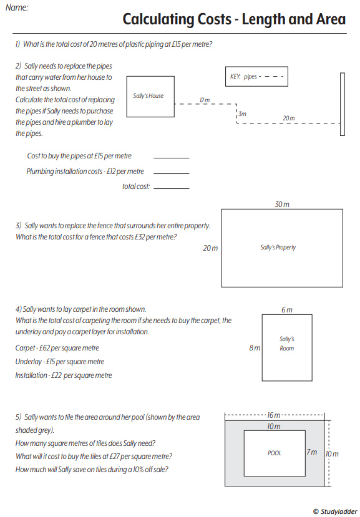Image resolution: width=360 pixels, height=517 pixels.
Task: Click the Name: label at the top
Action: click(x=17, y=7)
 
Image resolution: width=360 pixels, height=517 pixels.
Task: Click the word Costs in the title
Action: click(x=214, y=19)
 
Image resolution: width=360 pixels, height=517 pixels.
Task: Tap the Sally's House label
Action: click(x=148, y=96)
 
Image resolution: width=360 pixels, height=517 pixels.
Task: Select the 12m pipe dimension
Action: click(x=205, y=100)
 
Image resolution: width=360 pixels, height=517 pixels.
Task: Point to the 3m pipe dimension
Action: click(x=242, y=114)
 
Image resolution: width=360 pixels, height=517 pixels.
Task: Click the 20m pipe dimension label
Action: click(x=289, y=118)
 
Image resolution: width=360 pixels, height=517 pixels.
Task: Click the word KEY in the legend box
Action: click(x=235, y=77)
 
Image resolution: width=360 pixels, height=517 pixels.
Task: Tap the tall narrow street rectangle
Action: click(x=343, y=104)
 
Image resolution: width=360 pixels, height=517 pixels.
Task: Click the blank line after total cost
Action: click(x=171, y=188)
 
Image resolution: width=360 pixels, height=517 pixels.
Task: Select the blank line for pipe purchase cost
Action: click(x=171, y=158)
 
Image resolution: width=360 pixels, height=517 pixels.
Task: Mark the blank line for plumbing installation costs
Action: click(x=171, y=173)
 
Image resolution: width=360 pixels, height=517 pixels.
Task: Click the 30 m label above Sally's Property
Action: click(x=282, y=205)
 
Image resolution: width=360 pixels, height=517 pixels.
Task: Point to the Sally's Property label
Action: click(x=278, y=248)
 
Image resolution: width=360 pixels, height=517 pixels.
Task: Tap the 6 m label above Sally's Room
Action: click(x=287, y=310)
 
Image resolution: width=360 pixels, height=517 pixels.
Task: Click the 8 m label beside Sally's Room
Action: click(x=255, y=348)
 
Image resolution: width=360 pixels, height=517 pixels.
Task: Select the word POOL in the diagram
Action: click(x=274, y=453)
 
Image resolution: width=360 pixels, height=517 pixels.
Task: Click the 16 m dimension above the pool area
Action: click(x=273, y=415)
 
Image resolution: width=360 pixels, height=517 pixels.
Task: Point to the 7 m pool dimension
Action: click(x=311, y=452)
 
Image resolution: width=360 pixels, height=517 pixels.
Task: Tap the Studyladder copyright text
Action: click(x=335, y=511)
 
